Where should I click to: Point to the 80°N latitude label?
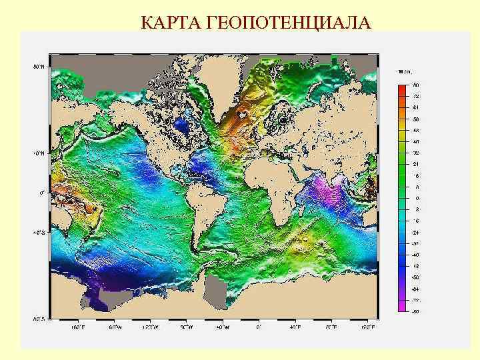pyautogui.click(x=39, y=67)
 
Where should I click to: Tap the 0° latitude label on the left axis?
pyautogui.click(x=41, y=193)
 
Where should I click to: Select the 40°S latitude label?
pyautogui.click(x=39, y=233)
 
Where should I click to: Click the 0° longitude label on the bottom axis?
pyautogui.click(x=259, y=327)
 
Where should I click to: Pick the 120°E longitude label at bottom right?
pyautogui.click(x=368, y=327)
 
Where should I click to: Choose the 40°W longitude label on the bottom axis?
pyautogui.click(x=223, y=327)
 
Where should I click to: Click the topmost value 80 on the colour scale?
pyautogui.click(x=415, y=85)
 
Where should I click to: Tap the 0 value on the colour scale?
pyautogui.click(x=417, y=198)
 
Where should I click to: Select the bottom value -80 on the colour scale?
pyautogui.click(x=415, y=311)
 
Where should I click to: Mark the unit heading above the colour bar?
pyautogui.click(x=405, y=71)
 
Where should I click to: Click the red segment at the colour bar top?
pyautogui.click(x=401, y=89)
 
